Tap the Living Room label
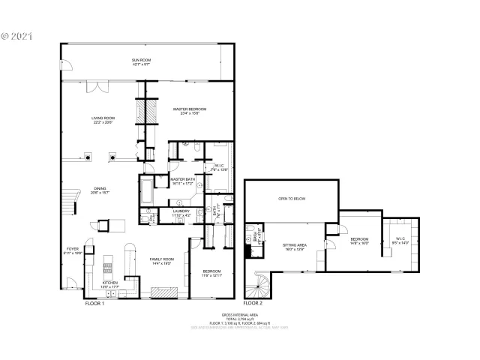pyautogui.click(x=103, y=118)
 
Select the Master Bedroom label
pyautogui.click(x=189, y=109)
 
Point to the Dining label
pyautogui.click(x=100, y=189)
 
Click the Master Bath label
pyautogui.click(x=182, y=180)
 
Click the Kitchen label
pyautogui.click(x=109, y=283)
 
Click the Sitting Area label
pyautogui.click(x=293, y=245)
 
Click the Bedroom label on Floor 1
pyautogui.click(x=211, y=271)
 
